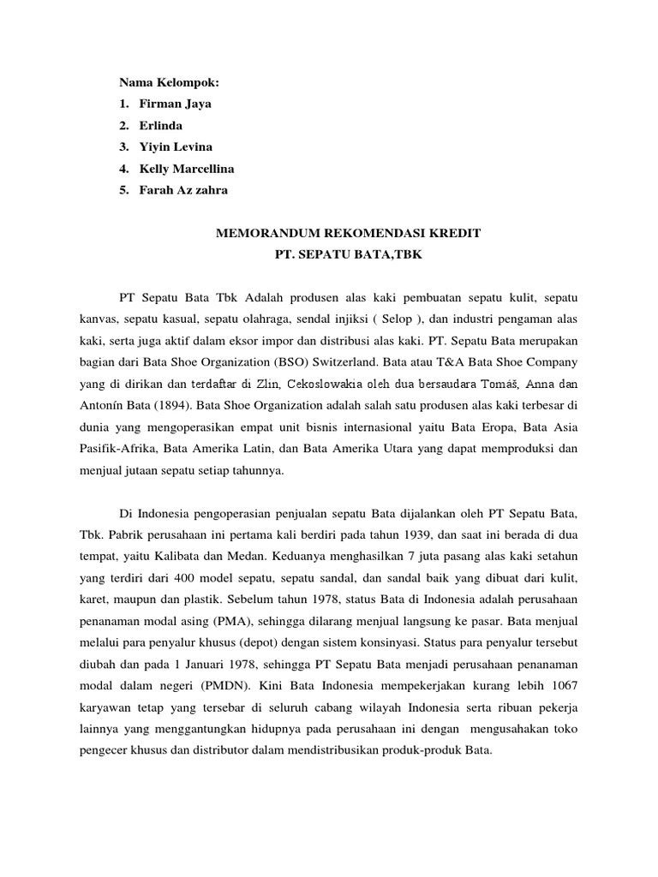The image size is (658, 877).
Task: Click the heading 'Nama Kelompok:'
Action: [170, 82]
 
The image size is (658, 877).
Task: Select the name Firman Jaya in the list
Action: [176, 104]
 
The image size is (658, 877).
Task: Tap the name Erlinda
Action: [161, 125]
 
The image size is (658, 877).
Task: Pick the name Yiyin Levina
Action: [176, 146]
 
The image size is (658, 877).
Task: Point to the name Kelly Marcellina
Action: [187, 169]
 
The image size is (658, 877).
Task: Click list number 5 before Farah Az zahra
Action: [123, 190]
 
